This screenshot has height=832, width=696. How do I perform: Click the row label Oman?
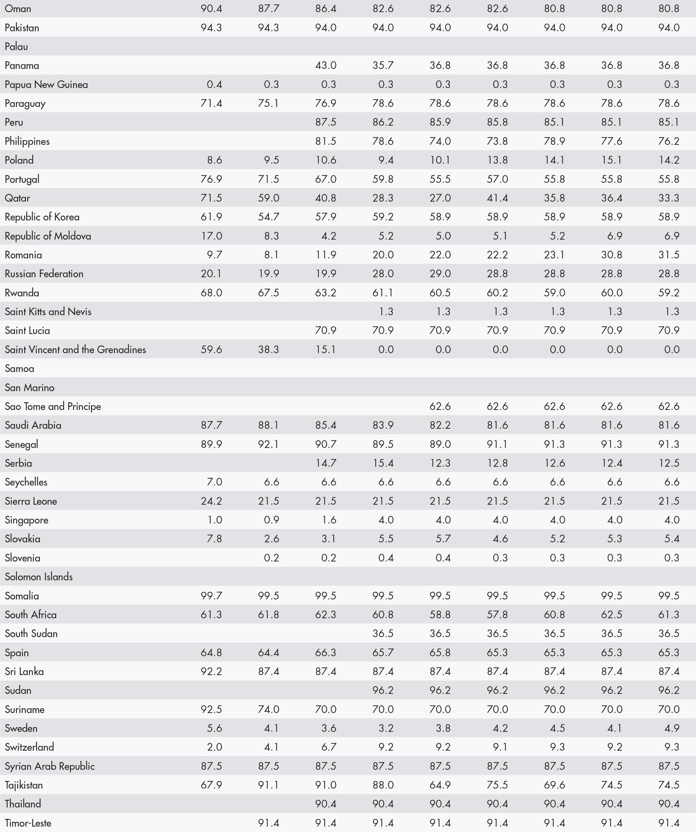click(18, 8)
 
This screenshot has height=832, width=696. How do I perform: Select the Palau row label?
click(16, 46)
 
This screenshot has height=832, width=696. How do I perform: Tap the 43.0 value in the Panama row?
click(326, 65)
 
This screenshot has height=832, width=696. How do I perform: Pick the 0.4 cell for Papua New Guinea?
click(214, 85)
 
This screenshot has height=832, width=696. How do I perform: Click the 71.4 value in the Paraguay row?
click(211, 103)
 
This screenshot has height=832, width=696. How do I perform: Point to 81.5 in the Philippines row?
click(326, 141)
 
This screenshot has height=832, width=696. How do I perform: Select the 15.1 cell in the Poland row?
click(611, 160)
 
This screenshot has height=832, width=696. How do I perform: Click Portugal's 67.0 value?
click(326, 179)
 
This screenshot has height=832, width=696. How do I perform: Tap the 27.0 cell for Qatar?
click(440, 198)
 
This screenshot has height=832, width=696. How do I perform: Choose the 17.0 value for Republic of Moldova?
click(211, 236)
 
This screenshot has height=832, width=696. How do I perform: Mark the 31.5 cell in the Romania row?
click(669, 255)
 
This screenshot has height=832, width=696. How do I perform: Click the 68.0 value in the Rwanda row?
click(211, 293)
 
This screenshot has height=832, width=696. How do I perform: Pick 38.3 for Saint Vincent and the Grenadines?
click(268, 349)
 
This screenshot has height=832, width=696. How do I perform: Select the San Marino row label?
click(29, 388)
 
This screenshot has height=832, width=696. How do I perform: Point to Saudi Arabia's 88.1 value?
click(268, 425)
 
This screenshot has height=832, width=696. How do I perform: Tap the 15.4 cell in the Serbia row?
click(383, 463)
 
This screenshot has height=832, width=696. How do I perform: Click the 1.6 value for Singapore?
click(329, 520)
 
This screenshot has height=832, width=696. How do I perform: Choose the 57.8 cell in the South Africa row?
click(497, 614)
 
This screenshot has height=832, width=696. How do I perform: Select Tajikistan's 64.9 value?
click(440, 785)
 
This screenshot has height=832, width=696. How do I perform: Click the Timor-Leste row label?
click(28, 823)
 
